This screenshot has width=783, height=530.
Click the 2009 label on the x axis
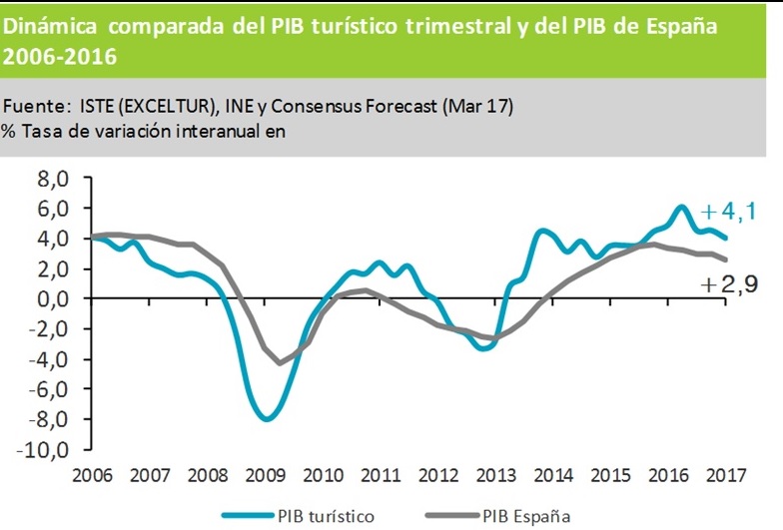pyautogui.click(x=265, y=475)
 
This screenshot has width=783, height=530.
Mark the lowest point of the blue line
pyautogui.click(x=267, y=419)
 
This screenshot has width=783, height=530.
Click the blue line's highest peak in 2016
pyautogui.click(x=681, y=207)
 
